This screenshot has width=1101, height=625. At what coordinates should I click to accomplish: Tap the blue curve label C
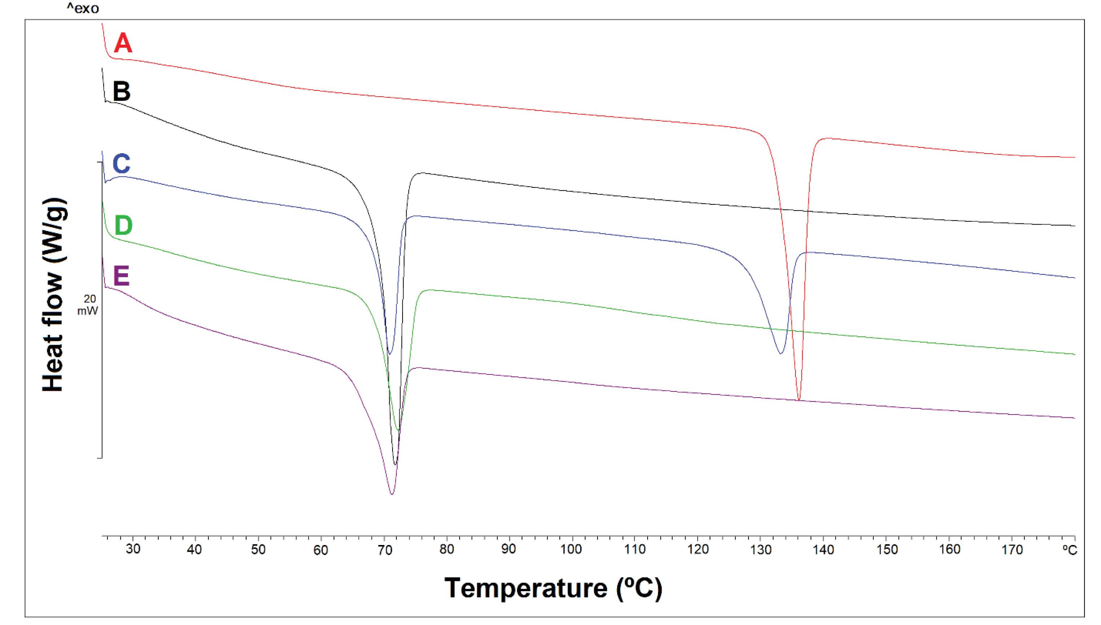coord(121,164)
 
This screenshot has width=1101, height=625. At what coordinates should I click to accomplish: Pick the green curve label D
coord(123,226)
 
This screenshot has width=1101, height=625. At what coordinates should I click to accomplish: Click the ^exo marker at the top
coord(83,8)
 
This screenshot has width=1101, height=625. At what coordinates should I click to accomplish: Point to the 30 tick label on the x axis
coord(133,549)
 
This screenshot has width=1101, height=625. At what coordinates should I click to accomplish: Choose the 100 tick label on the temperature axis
coord(572,549)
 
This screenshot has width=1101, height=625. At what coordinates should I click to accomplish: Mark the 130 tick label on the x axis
coord(760,549)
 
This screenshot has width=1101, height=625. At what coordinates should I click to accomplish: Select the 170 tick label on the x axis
coord(1012,549)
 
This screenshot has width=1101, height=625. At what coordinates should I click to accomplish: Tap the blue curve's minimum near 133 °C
coord(781,354)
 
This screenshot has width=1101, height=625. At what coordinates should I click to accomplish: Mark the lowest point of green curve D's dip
coord(398,430)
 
